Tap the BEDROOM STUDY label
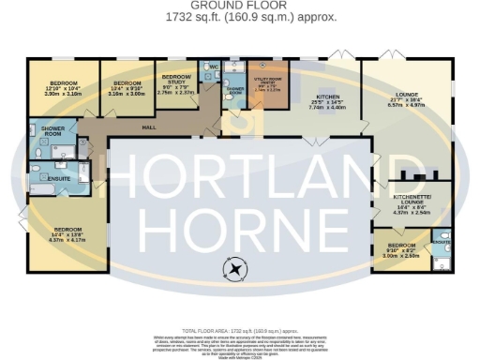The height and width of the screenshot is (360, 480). pyautogui.click(x=176, y=81)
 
